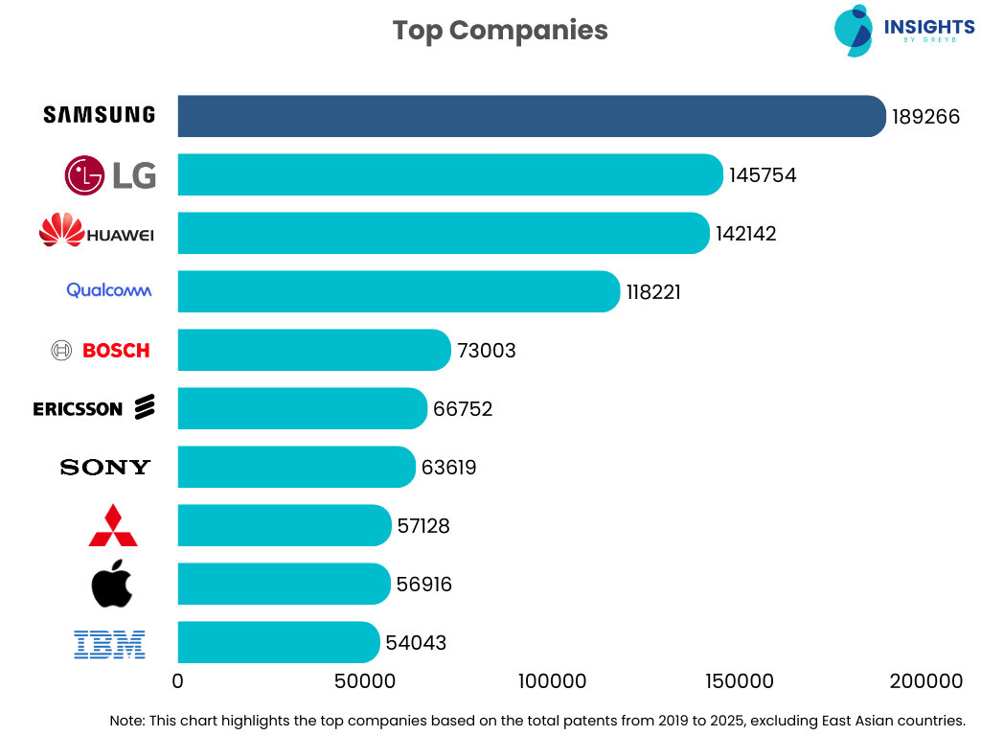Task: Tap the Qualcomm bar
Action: [398, 291]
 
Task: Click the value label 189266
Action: [925, 117]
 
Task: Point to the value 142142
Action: [746, 234]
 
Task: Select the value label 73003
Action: [487, 351]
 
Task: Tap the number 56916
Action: [423, 585]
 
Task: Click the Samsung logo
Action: [100, 115]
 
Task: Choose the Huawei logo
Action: [97, 231]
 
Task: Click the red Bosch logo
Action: [103, 351]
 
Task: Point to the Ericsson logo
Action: [94, 408]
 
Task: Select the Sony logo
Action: [105, 468]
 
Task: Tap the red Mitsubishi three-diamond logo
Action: [113, 525]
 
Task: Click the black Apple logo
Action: [112, 585]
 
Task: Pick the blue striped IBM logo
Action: [109, 643]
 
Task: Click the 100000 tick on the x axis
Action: [552, 681]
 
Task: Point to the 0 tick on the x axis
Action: [177, 681]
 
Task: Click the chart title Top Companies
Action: [500, 30]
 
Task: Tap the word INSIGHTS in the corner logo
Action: [929, 27]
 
